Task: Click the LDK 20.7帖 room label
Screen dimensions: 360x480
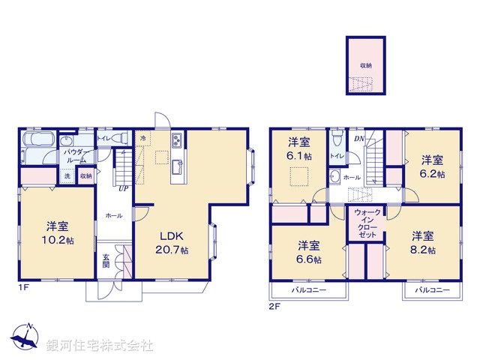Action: tap(172, 242)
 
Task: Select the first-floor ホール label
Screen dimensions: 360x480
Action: tap(114, 215)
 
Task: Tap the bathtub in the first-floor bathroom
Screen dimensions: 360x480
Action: tap(36, 140)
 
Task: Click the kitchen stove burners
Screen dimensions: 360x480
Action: tap(177, 141)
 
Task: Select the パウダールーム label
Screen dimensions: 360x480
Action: tap(79, 156)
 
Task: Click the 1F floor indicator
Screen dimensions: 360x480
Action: tap(24, 287)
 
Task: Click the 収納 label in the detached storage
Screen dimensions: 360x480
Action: tap(365, 66)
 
